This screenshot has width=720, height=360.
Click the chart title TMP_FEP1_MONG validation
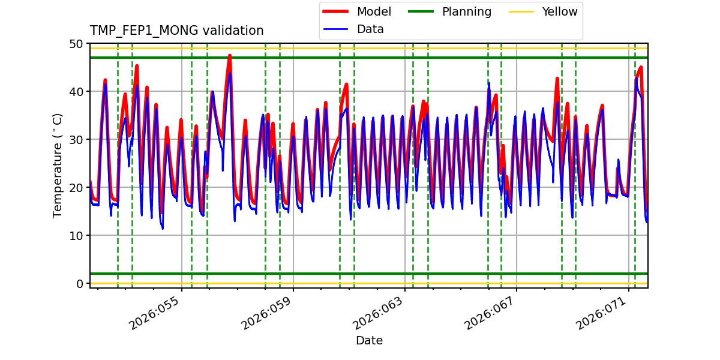coord(176,31)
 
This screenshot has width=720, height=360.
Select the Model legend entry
coord(374,11)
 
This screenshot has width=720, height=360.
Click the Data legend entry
coord(370,29)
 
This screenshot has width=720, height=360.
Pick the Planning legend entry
coord(466,11)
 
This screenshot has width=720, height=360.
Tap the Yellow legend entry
coord(559,11)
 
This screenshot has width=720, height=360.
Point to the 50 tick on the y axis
coord(76,44)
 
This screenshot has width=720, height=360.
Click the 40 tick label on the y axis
coord(76,92)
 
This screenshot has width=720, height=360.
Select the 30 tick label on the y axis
coord(76,140)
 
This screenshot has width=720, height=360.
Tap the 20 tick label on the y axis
coord(76,188)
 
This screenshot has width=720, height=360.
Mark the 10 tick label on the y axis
coord(76,236)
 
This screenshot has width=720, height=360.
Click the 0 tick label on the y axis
coord(79,284)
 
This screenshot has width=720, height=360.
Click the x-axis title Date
coord(369,341)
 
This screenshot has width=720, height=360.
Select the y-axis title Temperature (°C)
coord(58,165)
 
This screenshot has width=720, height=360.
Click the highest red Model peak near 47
coord(229,55)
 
